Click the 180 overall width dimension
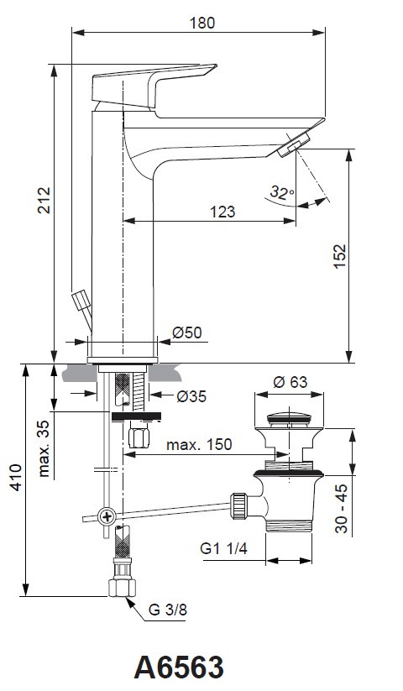click(x=202, y=23)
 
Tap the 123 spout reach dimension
click(x=222, y=212)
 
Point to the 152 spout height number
click(x=341, y=256)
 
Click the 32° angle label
click(x=282, y=192)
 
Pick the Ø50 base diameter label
click(x=187, y=332)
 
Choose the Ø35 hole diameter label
click(x=191, y=396)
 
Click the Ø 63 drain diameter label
click(x=290, y=382)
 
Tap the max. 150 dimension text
click(x=199, y=444)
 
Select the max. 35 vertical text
click(x=44, y=448)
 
